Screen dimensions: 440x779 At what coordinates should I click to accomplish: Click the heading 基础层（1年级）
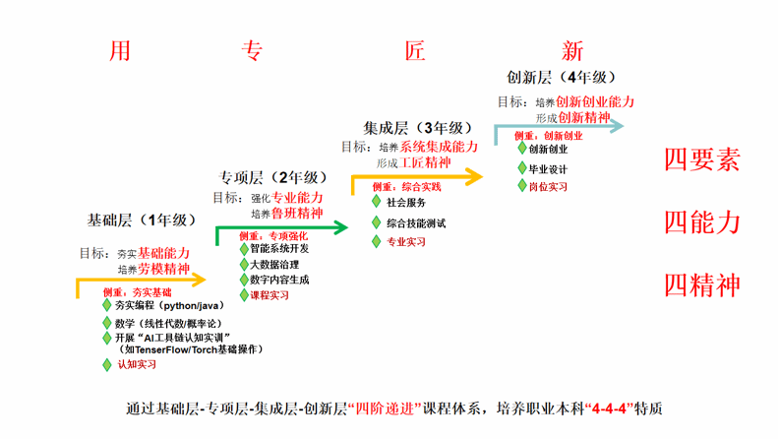coord(142,220)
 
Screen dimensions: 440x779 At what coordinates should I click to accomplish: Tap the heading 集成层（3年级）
coord(418,128)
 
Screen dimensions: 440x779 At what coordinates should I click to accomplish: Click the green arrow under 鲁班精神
coord(281,228)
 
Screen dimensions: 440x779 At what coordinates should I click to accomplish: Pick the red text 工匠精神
coord(426,161)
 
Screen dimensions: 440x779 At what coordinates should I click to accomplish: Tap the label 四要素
coord(701,159)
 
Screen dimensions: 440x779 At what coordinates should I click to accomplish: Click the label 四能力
coord(701,221)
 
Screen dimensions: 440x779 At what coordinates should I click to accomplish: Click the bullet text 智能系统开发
coord(279,249)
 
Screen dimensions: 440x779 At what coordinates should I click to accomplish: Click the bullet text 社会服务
coord(406,202)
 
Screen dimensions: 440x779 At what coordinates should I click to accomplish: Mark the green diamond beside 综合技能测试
coord(376,223)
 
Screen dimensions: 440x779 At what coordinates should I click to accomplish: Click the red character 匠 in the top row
coord(415,50)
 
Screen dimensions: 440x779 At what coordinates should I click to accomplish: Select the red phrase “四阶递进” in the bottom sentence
coord(382,408)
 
